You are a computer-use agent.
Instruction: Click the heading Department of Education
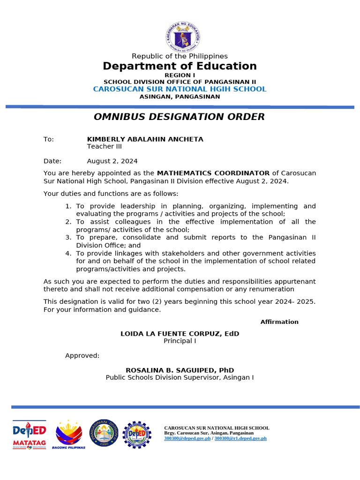coord(180,66)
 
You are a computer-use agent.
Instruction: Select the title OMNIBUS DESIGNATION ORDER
coord(179,117)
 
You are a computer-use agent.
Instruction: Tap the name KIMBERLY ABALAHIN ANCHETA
coord(145,139)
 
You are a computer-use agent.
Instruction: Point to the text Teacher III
coord(104,146)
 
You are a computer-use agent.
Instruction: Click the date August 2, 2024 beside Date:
coord(112,161)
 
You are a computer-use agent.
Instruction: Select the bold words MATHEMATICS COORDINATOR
coord(213,173)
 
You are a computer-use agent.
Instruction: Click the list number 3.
coord(68,238)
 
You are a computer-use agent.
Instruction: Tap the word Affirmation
coord(279,322)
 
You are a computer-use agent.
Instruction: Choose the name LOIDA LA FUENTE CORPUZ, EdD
coord(180,334)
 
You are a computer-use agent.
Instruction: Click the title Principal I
coord(180,341)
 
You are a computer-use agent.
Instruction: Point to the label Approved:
coord(82,355)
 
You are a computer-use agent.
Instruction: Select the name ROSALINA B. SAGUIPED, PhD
coord(180,370)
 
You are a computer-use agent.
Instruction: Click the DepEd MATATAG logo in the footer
coord(29,434)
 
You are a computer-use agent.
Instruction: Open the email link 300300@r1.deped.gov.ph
coord(240,438)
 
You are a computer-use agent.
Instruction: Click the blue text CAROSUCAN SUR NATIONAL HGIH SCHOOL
coord(180,89)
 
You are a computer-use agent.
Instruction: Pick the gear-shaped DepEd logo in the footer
coord(137,434)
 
